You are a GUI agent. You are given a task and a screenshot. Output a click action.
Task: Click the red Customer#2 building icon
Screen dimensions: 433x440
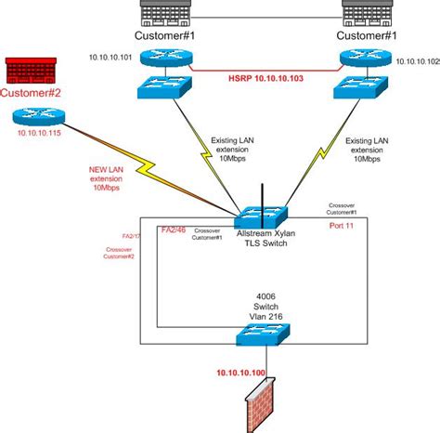[x=32, y=71]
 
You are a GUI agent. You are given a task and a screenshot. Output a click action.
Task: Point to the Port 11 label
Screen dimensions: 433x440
[x=343, y=224]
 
